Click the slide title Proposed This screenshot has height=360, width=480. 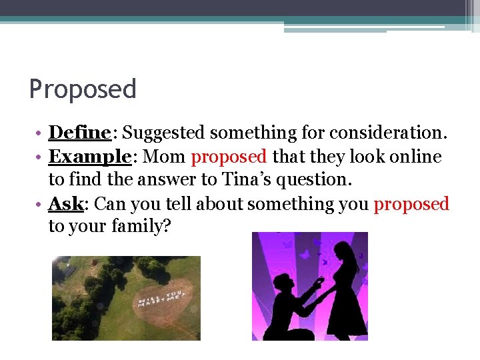coord(83,89)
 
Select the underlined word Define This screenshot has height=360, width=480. coord(79,133)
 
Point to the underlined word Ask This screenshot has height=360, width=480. coord(65,203)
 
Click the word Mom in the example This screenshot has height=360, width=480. coord(165,157)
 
